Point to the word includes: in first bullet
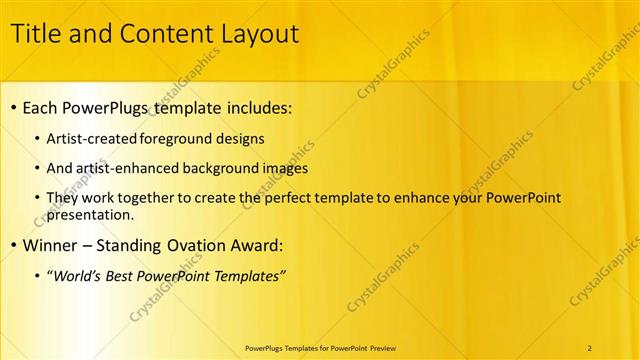pyautogui.click(x=260, y=107)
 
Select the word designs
pyautogui.click(x=243, y=138)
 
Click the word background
pyautogui.click(x=225, y=168)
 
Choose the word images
pyautogui.click(x=286, y=168)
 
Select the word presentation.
pyautogui.click(x=90, y=214)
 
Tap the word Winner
pyautogui.click(x=52, y=245)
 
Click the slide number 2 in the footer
pyautogui.click(x=590, y=347)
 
